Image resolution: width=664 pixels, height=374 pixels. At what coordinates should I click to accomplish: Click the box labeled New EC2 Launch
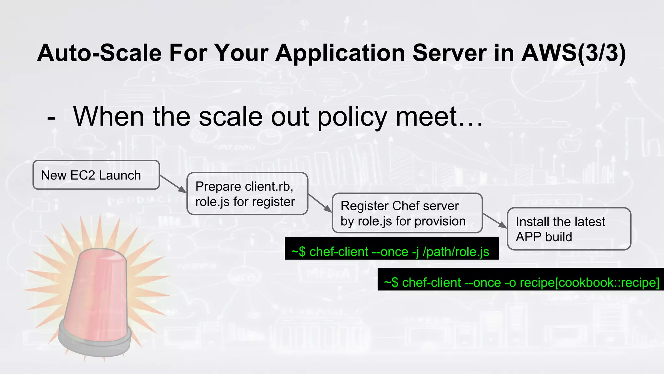pyautogui.click(x=96, y=175)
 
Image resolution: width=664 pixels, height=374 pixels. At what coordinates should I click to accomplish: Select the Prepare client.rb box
pyautogui.click(x=247, y=194)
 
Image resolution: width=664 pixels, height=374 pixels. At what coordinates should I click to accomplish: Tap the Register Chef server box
pyautogui.click(x=407, y=213)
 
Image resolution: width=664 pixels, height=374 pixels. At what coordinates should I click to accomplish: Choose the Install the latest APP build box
pyautogui.click(x=569, y=229)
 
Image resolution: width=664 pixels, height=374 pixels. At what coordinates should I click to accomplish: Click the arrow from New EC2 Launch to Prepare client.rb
pyautogui.click(x=173, y=184)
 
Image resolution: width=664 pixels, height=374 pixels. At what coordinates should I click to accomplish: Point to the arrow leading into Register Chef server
pyautogui.click(x=320, y=203)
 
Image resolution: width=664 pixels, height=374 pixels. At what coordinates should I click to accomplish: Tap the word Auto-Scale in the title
pyautogui.click(x=99, y=53)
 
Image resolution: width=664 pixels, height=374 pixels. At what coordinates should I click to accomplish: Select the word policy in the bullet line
pyautogui.click(x=352, y=117)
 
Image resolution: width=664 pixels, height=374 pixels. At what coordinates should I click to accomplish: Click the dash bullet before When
pyautogui.click(x=51, y=118)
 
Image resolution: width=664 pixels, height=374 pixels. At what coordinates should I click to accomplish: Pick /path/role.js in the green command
pyautogui.click(x=456, y=252)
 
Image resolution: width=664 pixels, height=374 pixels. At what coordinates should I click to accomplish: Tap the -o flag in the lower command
pyautogui.click(x=510, y=282)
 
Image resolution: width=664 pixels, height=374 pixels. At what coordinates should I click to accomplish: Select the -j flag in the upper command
pyautogui.click(x=415, y=252)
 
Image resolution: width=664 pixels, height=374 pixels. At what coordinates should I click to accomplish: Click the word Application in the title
pyautogui.click(x=340, y=53)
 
